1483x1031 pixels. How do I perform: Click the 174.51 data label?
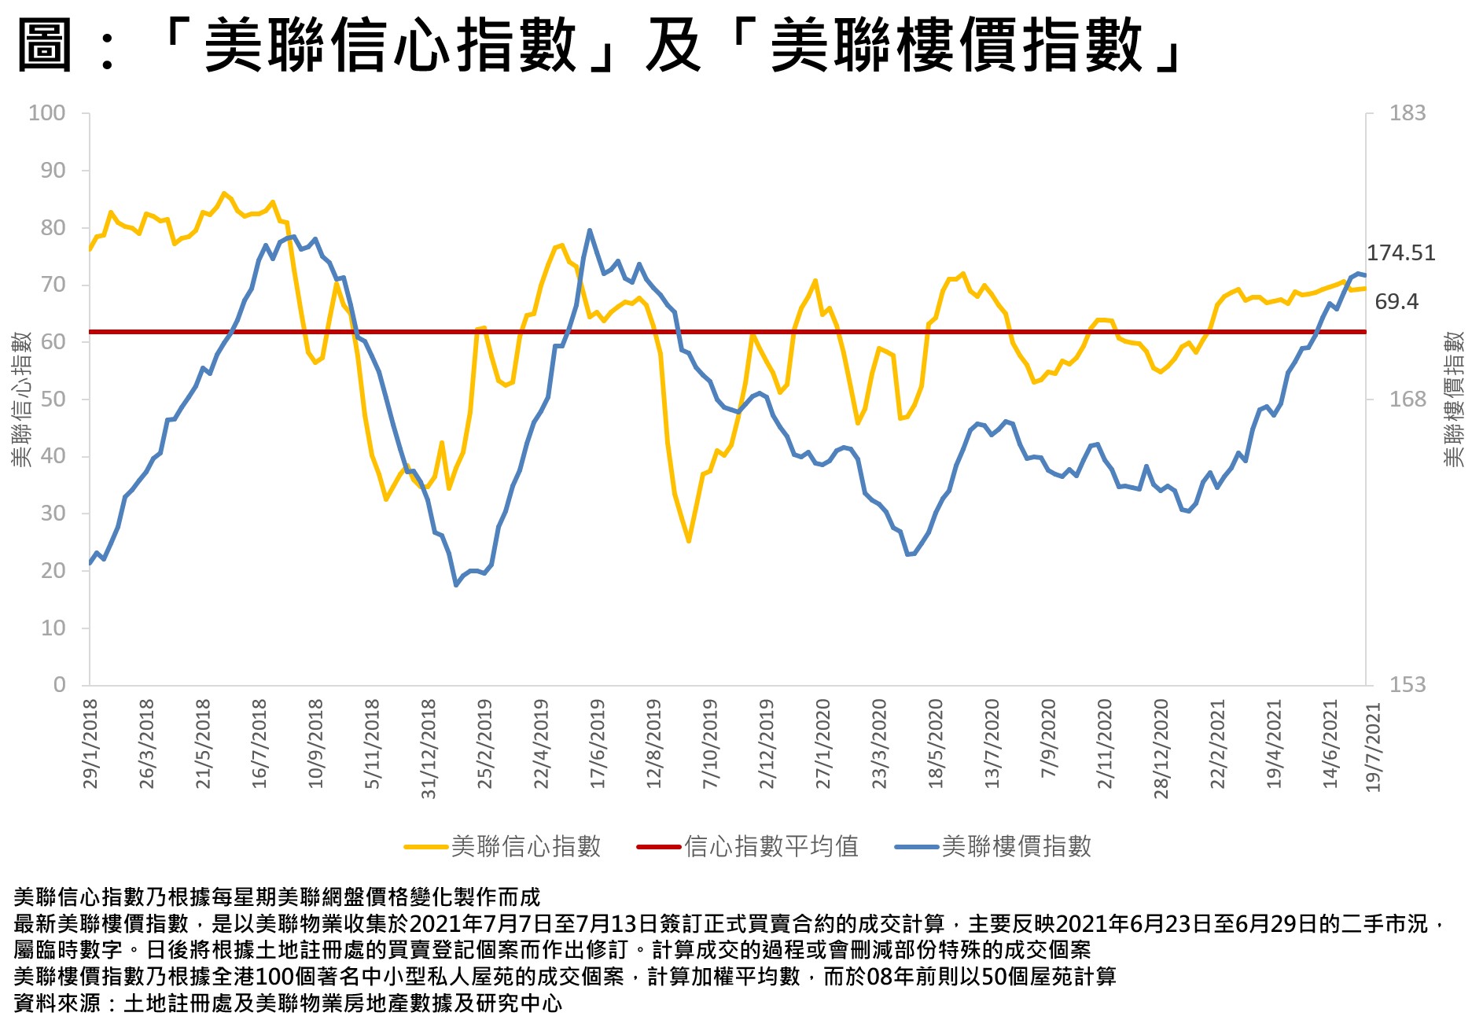[x=1400, y=253]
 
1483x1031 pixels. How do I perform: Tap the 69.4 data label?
[x=1397, y=302]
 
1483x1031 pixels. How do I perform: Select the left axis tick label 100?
[x=47, y=113]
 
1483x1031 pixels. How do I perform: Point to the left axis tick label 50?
[x=53, y=400]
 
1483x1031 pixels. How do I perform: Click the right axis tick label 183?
[x=1407, y=113]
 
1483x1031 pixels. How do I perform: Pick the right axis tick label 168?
[x=1407, y=400]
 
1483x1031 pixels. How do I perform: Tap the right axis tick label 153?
[x=1407, y=685]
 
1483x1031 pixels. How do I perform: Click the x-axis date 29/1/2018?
[x=90, y=744]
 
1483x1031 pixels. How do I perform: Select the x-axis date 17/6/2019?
[x=598, y=744]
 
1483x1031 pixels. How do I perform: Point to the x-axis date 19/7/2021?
[x=1374, y=747]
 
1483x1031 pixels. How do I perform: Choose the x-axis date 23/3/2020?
[x=879, y=744]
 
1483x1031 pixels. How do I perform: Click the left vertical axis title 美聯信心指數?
[x=21, y=400]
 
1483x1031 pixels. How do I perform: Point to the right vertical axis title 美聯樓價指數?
[x=1455, y=400]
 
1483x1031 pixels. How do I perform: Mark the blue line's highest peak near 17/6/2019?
[x=590, y=230]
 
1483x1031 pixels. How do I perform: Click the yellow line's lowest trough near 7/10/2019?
[x=688, y=541]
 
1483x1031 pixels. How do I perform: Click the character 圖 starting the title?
[x=45, y=45]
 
